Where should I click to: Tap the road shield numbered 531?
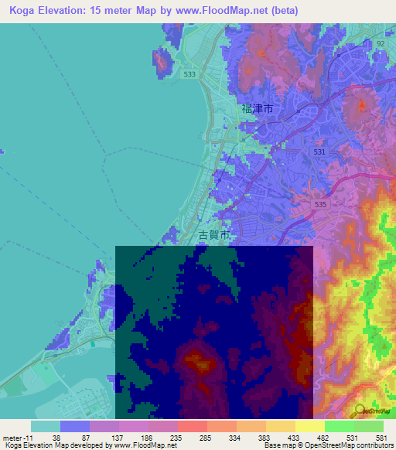coord(319,152)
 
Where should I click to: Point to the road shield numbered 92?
coord(380,44)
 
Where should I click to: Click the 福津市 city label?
coord(258,111)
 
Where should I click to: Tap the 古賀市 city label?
coord(213,234)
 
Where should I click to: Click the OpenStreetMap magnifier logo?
coord(360,411)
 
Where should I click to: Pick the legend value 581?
coord(381,437)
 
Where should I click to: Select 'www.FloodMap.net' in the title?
coord(232,11)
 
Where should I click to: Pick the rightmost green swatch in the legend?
coord(369,426)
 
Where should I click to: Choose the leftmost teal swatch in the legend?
coord(46,426)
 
